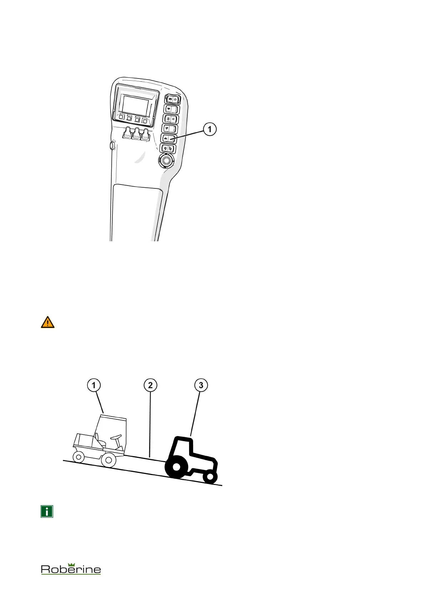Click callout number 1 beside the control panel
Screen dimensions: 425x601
click(x=209, y=129)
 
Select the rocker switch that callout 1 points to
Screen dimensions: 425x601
click(x=168, y=138)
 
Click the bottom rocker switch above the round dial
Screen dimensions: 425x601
click(x=167, y=148)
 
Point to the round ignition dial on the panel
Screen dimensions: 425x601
click(x=166, y=161)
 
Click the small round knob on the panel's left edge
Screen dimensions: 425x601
click(x=112, y=146)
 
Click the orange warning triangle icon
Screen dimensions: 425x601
click(x=47, y=322)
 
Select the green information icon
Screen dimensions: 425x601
click(x=47, y=511)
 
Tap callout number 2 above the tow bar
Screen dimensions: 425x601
click(x=150, y=385)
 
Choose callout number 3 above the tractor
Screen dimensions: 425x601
click(x=201, y=385)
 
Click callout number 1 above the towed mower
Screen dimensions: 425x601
click(x=94, y=385)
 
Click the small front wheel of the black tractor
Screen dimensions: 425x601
click(x=210, y=476)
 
